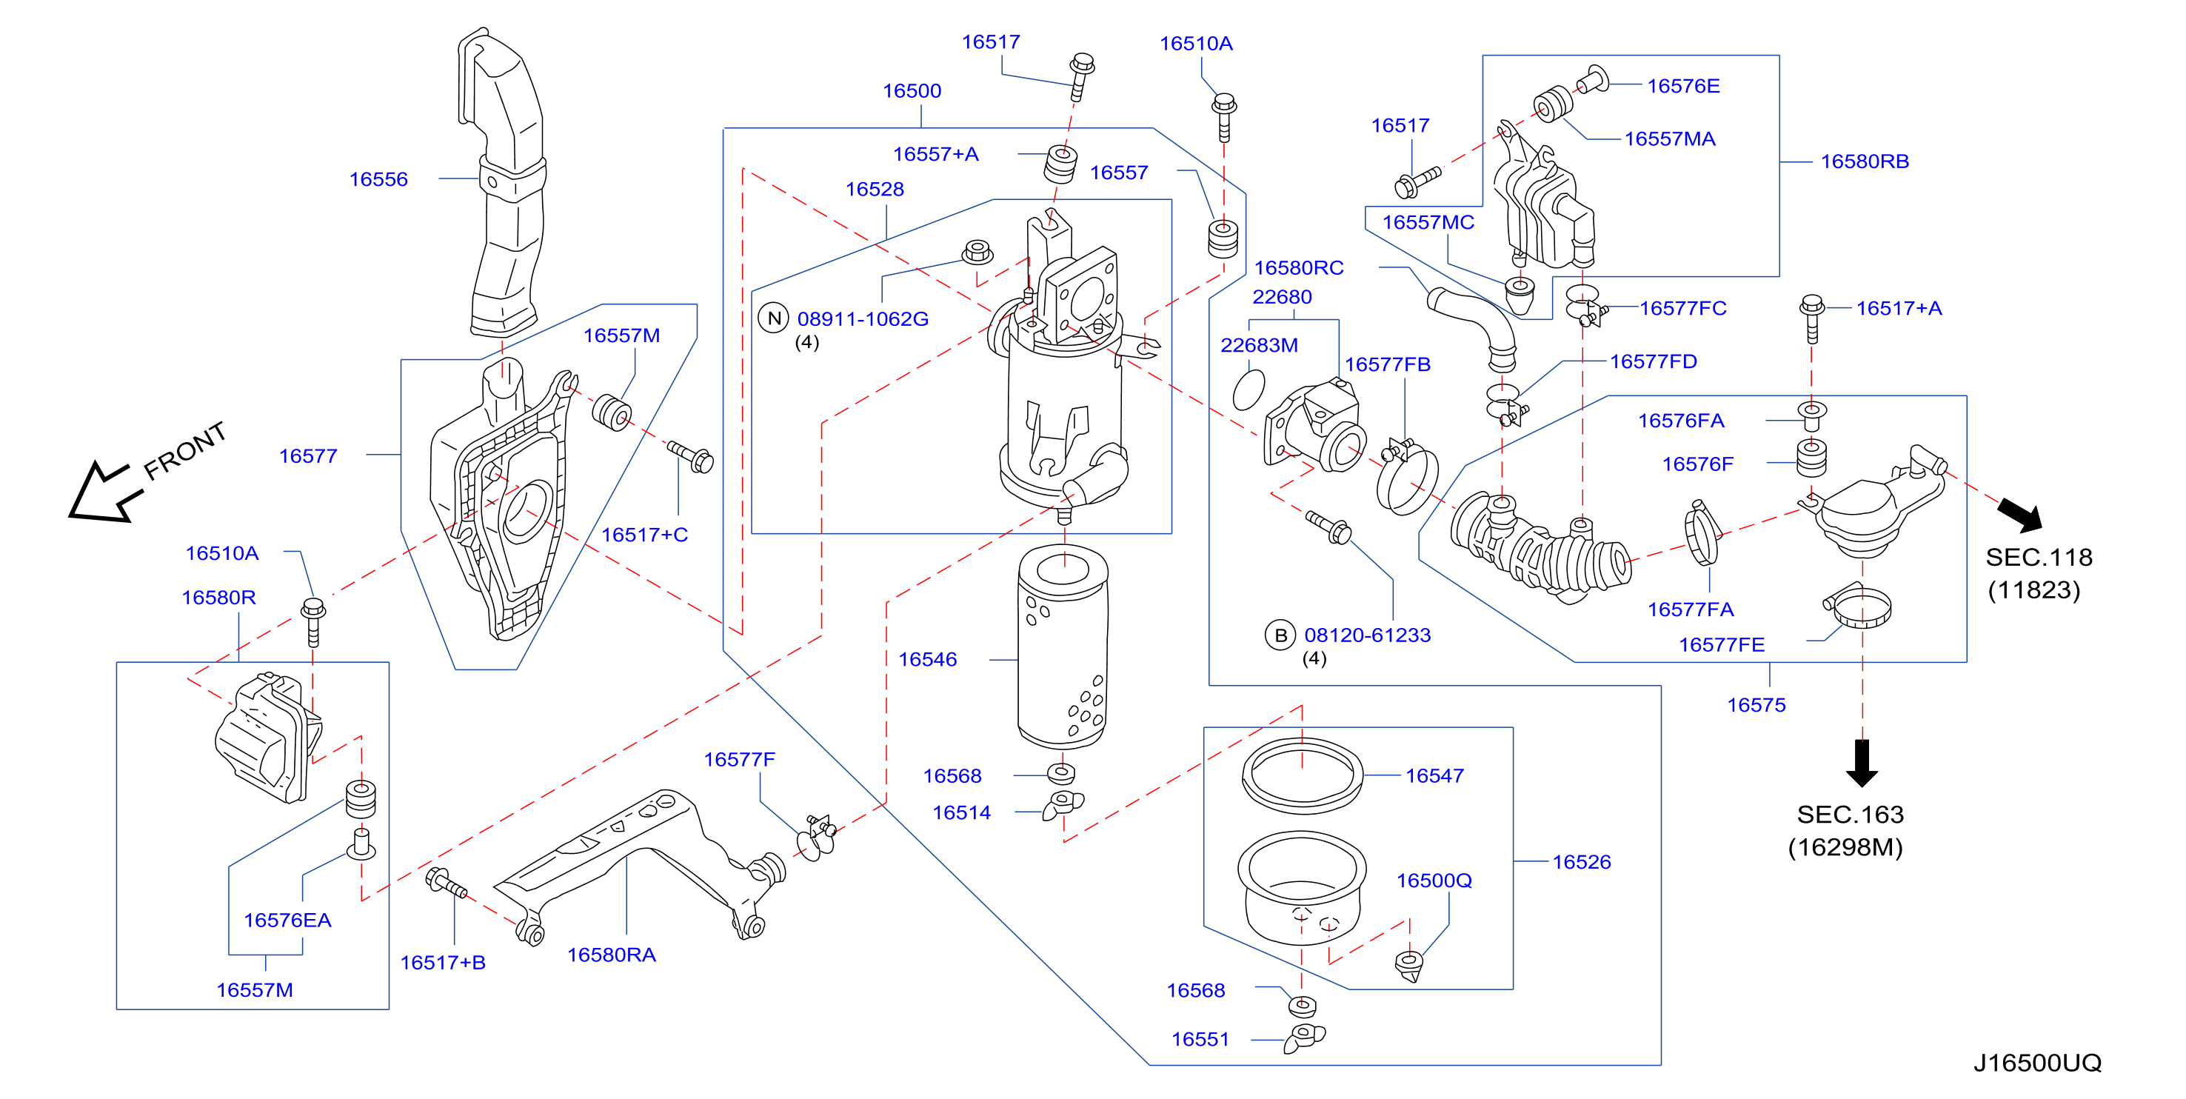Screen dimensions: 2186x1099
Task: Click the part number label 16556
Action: pos(378,179)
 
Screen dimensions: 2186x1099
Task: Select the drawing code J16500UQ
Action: pos(2036,1063)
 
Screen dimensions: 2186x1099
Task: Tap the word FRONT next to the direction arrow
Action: pos(185,450)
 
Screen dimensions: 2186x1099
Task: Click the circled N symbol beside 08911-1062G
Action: pos(774,318)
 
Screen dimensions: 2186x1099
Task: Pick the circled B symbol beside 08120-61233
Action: pos(1280,635)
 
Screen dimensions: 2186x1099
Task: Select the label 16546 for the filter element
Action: pos(928,659)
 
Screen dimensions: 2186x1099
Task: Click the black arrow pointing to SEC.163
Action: pos(1862,763)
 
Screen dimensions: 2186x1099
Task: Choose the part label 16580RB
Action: pos(1865,161)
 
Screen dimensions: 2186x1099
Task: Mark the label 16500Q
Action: pos(1434,881)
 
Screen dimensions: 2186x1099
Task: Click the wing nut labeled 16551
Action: pos(1304,1038)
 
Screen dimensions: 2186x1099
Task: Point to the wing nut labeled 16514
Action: pos(1063,804)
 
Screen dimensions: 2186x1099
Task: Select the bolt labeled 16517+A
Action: pos(1812,318)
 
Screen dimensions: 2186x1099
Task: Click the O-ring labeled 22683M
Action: pos(1249,390)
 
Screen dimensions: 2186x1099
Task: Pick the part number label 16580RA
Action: pos(611,955)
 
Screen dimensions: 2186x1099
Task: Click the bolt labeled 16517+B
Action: pos(447,883)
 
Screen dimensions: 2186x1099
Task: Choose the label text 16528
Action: pos(874,190)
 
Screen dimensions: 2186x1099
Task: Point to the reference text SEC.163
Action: pos(1850,815)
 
